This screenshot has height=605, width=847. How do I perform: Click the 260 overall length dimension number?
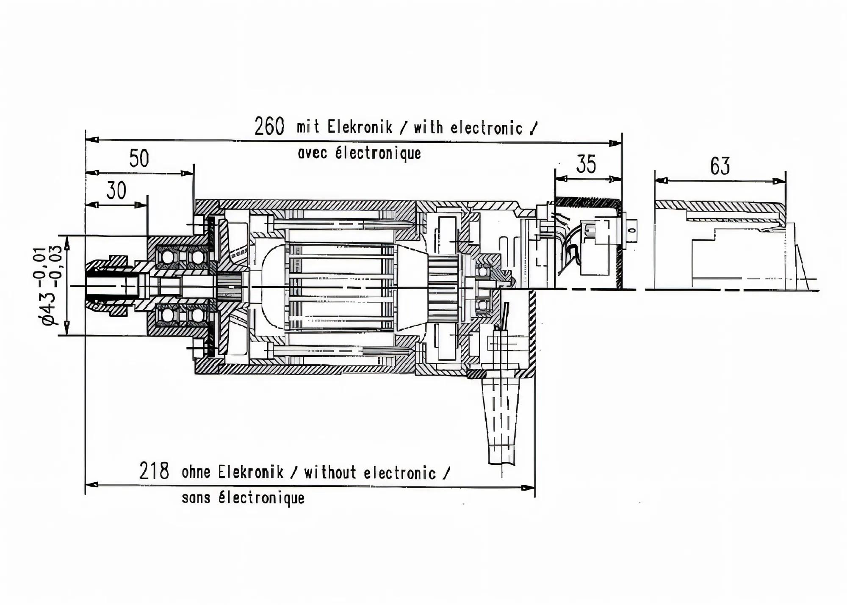point(269,126)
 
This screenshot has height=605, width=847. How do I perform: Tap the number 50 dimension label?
point(139,159)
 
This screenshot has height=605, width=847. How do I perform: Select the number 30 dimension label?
point(116,191)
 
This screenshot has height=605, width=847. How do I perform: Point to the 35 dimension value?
point(586,164)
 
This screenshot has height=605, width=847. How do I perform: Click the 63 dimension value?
point(720,166)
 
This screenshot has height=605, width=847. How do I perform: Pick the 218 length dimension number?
point(154,471)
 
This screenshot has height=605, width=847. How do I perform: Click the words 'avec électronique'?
point(359,153)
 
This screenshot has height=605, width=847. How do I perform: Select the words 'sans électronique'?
point(243,497)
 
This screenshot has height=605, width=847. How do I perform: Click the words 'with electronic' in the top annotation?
point(468,127)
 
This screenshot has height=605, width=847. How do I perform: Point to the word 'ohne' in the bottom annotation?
point(196,472)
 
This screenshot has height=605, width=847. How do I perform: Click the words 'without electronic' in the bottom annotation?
point(370,472)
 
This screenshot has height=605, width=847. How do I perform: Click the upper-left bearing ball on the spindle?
point(166,257)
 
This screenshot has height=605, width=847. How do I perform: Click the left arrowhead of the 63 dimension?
point(661,180)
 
